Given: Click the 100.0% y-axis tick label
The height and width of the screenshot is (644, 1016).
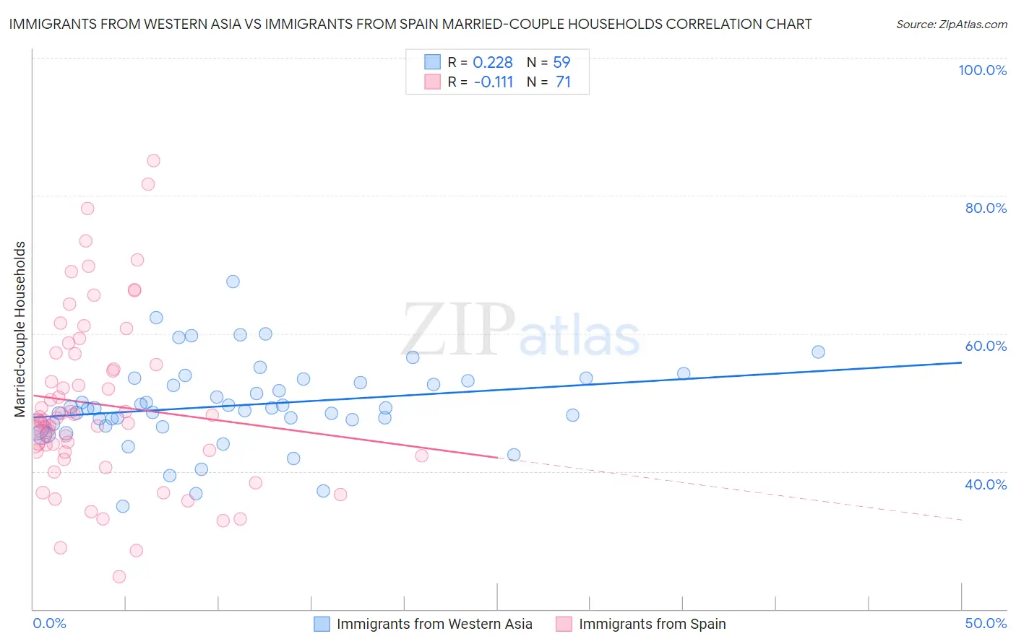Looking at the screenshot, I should pyautogui.click(x=982, y=70).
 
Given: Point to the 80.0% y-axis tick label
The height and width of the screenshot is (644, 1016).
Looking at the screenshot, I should pyautogui.click(x=986, y=208).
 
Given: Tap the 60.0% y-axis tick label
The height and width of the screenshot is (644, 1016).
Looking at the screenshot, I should pyautogui.click(x=986, y=346).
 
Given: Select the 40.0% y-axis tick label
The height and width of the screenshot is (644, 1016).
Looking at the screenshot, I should pyautogui.click(x=986, y=484).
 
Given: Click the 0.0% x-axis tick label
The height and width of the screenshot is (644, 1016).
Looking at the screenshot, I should pyautogui.click(x=49, y=623).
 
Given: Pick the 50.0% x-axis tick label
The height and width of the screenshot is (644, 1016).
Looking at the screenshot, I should pyautogui.click(x=986, y=623).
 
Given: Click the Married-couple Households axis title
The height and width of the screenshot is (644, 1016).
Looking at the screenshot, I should pyautogui.click(x=20, y=329).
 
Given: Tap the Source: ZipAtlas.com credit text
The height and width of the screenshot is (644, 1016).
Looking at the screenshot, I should pyautogui.click(x=951, y=24).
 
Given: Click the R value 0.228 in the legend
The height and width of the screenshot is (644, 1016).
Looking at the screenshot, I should pyautogui.click(x=492, y=63).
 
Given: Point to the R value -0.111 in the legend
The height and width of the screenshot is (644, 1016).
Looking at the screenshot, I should pyautogui.click(x=493, y=82).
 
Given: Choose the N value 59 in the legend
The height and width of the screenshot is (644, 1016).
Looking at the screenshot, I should pyautogui.click(x=561, y=63).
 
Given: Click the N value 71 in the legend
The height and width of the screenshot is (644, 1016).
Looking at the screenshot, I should pyautogui.click(x=563, y=82).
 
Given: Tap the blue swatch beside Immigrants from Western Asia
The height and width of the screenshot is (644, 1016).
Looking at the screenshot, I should pyautogui.click(x=322, y=624).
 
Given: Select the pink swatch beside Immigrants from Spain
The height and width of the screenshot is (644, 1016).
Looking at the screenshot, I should pyautogui.click(x=564, y=624).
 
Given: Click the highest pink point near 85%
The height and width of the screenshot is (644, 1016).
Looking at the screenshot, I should pyautogui.click(x=153, y=161).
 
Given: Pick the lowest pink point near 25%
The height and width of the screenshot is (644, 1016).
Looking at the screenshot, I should pyautogui.click(x=119, y=577).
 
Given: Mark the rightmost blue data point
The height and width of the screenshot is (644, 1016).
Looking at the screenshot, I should pyautogui.click(x=818, y=352).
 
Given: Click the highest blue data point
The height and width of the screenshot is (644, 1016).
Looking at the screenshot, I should pyautogui.click(x=233, y=282).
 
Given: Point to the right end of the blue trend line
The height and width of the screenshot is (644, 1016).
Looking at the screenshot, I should pyautogui.click(x=961, y=362).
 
